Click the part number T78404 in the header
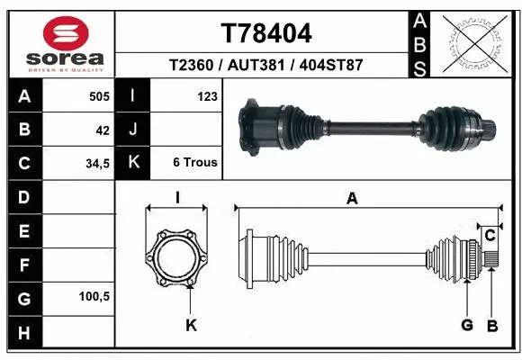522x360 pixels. tap(266, 34)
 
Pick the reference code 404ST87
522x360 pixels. tap(332, 66)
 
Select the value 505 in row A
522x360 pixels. tap(99, 96)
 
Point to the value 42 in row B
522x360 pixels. tap(103, 130)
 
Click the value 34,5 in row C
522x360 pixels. tap(96, 165)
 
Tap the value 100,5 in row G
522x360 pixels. tap(94, 296)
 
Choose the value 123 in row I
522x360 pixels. tap(207, 96)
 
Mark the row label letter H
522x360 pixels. tap(23, 332)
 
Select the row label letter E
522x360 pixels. tap(23, 231)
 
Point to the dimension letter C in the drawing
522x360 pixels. tap(490, 236)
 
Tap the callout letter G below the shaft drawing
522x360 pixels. tap(468, 324)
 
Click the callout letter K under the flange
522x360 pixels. tap(191, 325)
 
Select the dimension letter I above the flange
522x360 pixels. tap(177, 199)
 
